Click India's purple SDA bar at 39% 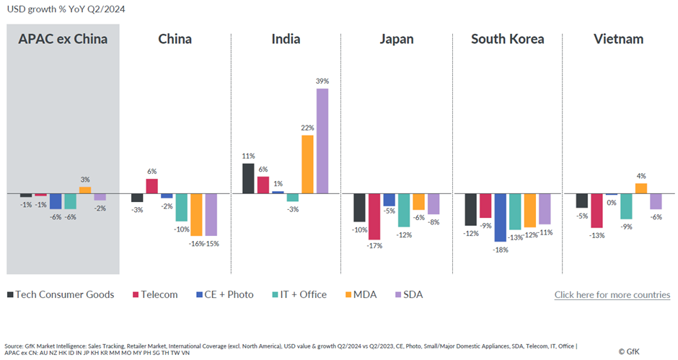pyautogui.click(x=322, y=141)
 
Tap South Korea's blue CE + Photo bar pyautogui.click(x=501, y=217)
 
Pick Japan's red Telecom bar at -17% pyautogui.click(x=374, y=216)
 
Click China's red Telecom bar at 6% pyautogui.click(x=151, y=186)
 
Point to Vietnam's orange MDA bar pyautogui.click(x=640, y=188)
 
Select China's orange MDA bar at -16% pyautogui.click(x=196, y=214)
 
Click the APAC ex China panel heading pyautogui.click(x=63, y=39)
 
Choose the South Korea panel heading pyautogui.click(x=507, y=39)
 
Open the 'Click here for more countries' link pyautogui.click(x=612, y=294)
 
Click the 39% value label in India pyautogui.click(x=322, y=81)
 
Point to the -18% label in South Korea pyautogui.click(x=501, y=250)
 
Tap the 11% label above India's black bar pyautogui.click(x=248, y=156)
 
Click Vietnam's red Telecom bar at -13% pyautogui.click(x=596, y=210)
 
